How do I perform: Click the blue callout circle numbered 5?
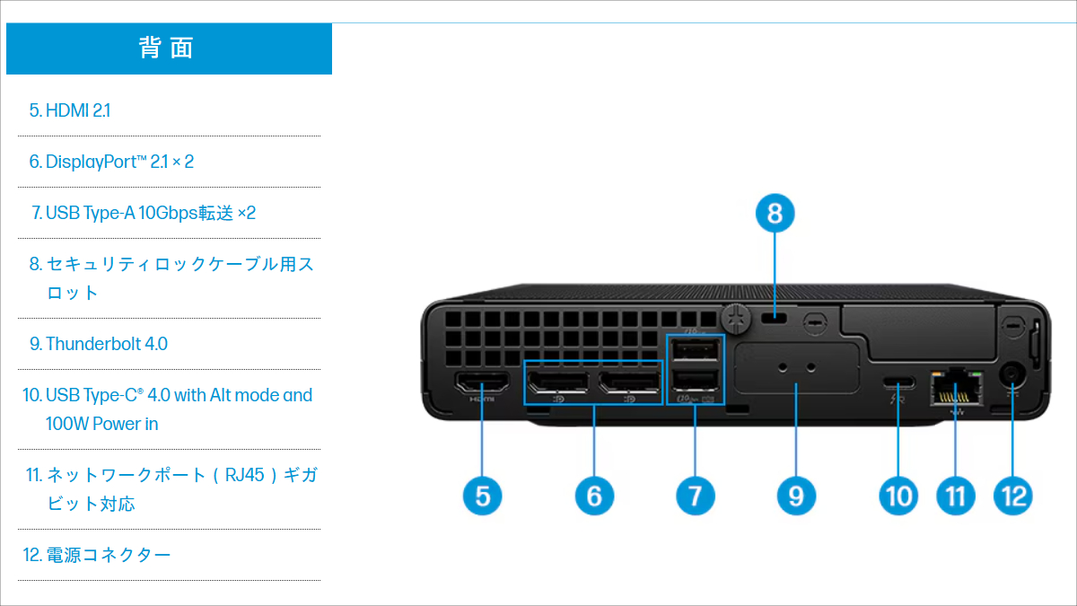pyautogui.click(x=483, y=495)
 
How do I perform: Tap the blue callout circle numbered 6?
pyautogui.click(x=594, y=495)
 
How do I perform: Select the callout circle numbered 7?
pyautogui.click(x=696, y=495)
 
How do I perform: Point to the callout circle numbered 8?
pyautogui.click(x=775, y=214)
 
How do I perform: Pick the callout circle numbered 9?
pyautogui.click(x=797, y=495)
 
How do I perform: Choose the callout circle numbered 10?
pyautogui.click(x=898, y=495)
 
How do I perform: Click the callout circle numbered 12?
pyautogui.click(x=1013, y=495)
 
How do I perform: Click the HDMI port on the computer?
pyautogui.click(x=483, y=385)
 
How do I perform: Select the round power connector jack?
pyautogui.click(x=1014, y=375)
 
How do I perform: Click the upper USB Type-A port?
pyautogui.click(x=696, y=348)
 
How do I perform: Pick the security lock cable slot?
pyautogui.click(x=775, y=319)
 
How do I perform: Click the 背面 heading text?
pyautogui.click(x=168, y=48)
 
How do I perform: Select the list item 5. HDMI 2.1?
pyautogui.click(x=70, y=110)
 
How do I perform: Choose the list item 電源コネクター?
pyautogui.click(x=108, y=555)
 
